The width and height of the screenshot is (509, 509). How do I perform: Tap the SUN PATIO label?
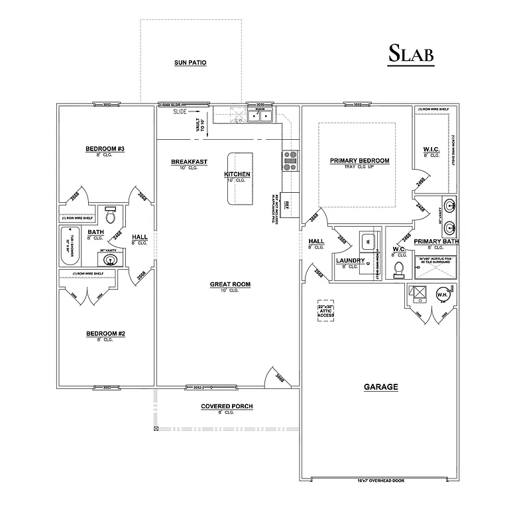coord(190,63)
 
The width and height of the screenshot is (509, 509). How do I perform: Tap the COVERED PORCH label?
coord(227,406)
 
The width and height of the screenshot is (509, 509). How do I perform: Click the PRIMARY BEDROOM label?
coord(359,161)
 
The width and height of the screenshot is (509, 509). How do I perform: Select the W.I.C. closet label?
coord(431,150)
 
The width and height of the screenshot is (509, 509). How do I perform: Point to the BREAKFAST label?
coord(190,162)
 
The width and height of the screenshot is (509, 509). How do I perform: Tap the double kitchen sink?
coord(262,117)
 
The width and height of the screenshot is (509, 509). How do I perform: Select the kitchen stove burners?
coord(291,159)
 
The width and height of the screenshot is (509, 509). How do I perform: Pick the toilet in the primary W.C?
coord(398,268)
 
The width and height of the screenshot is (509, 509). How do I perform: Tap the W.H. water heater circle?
coord(442,295)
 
